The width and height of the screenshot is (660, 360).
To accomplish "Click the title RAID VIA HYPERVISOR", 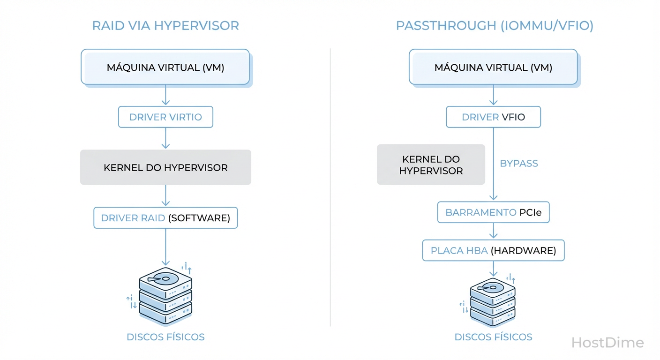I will [x=165, y=25].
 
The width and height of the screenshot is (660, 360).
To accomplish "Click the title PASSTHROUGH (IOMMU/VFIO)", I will [x=495, y=25].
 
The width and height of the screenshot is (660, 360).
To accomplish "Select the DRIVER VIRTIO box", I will [x=165, y=117].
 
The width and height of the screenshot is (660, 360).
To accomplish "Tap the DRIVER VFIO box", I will [x=493, y=117].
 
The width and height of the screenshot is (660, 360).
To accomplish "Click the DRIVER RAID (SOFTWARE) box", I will [x=165, y=218].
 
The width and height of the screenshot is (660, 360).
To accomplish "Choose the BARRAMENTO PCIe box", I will [x=493, y=212].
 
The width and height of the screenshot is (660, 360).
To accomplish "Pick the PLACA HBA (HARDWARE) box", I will [x=493, y=250].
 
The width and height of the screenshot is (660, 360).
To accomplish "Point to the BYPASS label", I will [x=519, y=164].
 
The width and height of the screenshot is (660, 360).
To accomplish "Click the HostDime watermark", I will [x=607, y=343].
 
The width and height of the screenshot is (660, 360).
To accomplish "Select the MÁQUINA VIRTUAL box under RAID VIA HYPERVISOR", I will [x=165, y=67].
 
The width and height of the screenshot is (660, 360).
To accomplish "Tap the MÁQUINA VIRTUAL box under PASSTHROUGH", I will [x=493, y=67].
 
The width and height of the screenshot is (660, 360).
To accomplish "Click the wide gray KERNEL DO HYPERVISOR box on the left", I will [x=165, y=167].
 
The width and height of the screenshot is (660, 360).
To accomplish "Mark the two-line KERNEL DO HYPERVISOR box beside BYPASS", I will [x=431, y=165].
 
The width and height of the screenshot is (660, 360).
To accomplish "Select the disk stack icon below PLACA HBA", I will [x=493, y=303].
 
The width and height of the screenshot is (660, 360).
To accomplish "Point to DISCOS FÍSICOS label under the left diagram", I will [x=165, y=337].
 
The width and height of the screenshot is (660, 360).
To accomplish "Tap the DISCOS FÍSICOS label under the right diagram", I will [x=493, y=337].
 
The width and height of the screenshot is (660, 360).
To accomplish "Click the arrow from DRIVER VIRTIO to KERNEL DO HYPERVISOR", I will [x=165, y=138].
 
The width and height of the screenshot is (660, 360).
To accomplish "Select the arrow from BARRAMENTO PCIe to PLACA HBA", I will [x=493, y=231].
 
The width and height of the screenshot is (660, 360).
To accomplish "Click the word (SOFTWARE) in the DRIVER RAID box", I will [x=199, y=218].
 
